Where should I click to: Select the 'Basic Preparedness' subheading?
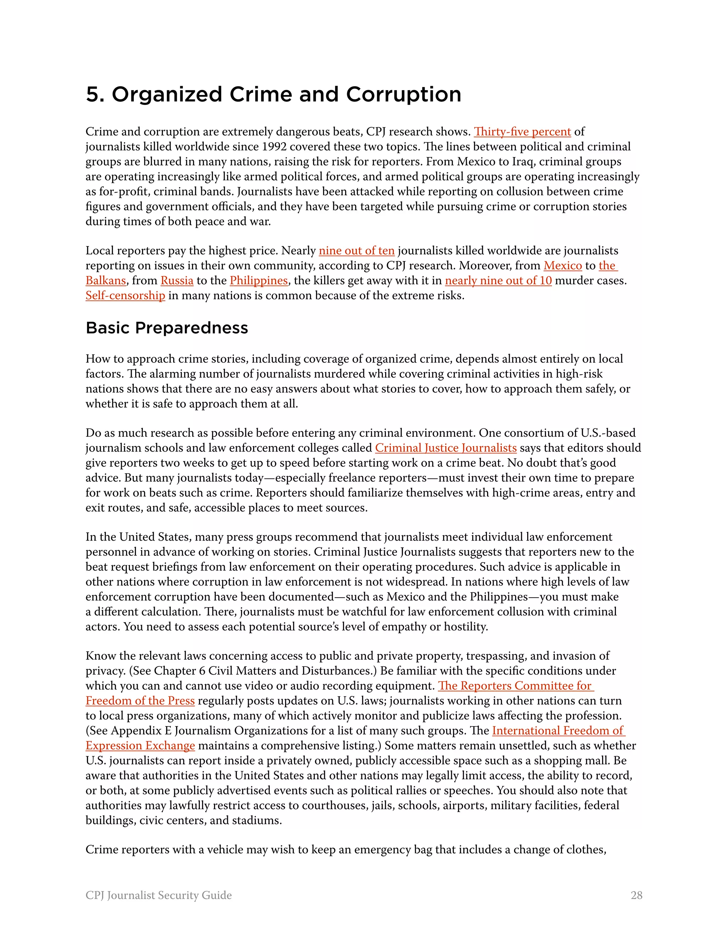[167, 328]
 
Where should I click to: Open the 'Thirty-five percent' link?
[522, 132]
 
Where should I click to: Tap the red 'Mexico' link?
[563, 266]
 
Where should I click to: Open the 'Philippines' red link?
[258, 281]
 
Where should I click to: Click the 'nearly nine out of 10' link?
[498, 281]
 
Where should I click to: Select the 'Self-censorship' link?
[125, 296]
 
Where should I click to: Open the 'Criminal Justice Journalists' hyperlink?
[446, 448]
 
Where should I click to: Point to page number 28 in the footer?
[636, 895]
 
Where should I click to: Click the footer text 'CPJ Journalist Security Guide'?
[158, 895]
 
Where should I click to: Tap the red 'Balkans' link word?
[105, 281]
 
